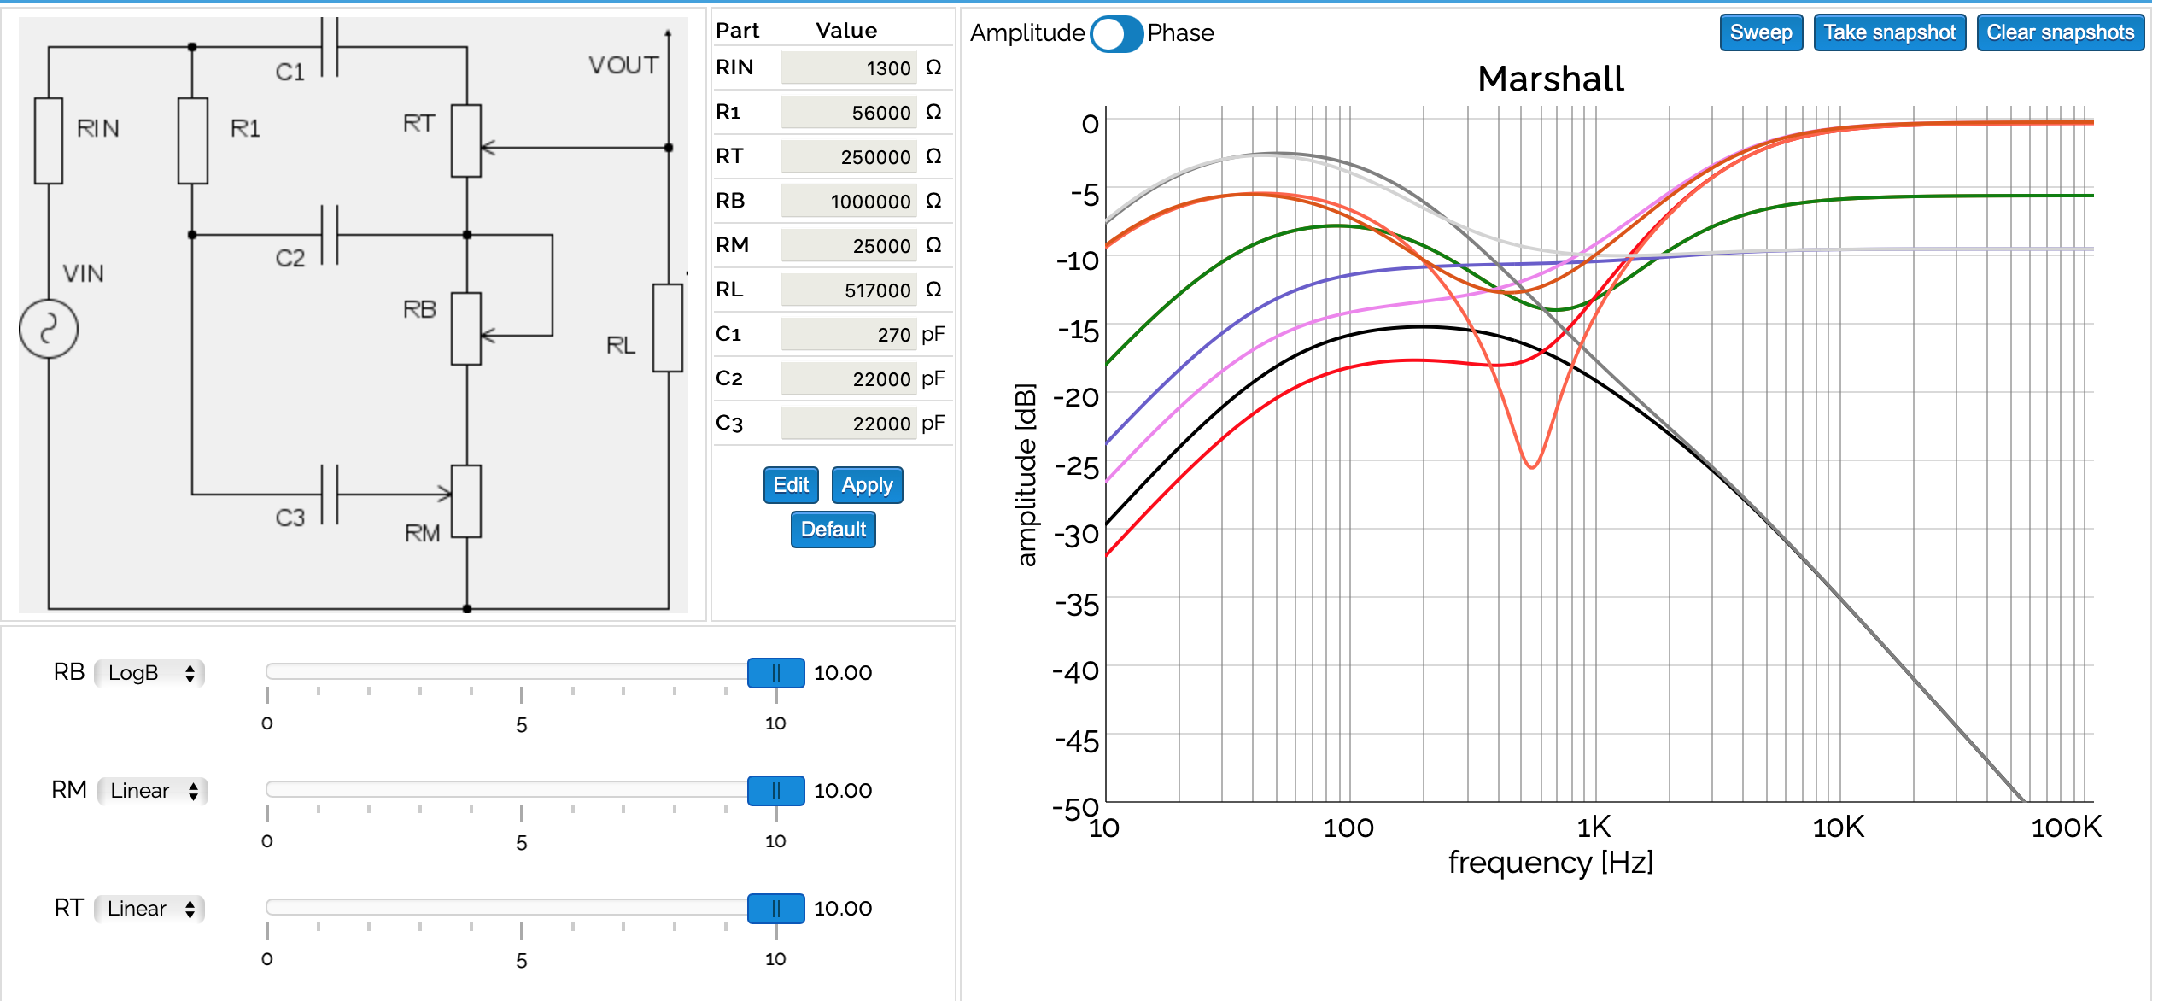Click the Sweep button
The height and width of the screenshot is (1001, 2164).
click(1760, 32)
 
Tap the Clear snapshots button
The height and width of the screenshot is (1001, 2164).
click(2059, 32)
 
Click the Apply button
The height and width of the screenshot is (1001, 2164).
click(867, 485)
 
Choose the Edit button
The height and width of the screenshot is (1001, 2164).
click(790, 485)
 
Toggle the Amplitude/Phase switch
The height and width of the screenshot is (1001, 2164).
click(1115, 34)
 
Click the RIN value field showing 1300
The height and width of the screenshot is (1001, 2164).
click(848, 68)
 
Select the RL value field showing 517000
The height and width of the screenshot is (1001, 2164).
click(848, 290)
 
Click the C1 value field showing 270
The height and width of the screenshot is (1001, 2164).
click(848, 335)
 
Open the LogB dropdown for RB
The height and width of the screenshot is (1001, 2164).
click(149, 673)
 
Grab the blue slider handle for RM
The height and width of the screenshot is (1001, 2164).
click(775, 791)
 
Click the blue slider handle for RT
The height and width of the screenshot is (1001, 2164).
click(775, 909)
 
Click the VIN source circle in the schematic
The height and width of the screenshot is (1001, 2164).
click(49, 329)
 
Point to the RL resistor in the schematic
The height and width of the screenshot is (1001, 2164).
click(667, 328)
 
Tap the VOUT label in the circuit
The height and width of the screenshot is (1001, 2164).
click(623, 65)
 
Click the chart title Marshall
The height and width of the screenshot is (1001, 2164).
click(1550, 79)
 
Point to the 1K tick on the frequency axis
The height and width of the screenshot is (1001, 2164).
click(1593, 827)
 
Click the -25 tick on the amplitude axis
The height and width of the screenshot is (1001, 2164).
click(1078, 466)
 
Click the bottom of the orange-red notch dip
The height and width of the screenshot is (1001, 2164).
click(1532, 466)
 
